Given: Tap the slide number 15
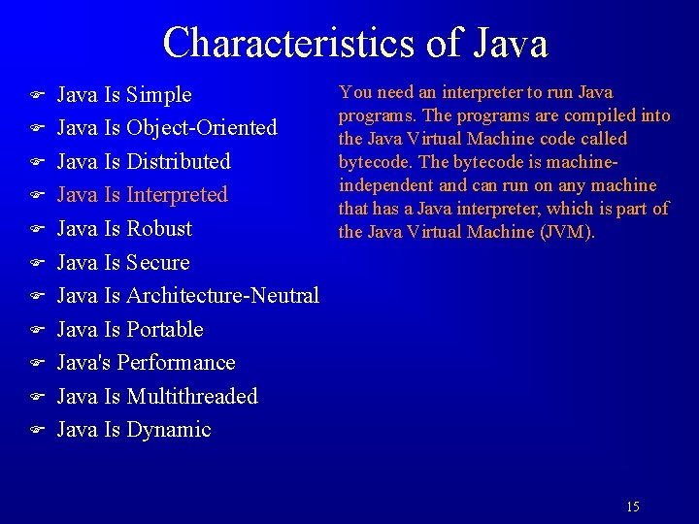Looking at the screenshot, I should [633, 507].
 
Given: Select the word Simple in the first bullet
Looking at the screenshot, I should [159, 95].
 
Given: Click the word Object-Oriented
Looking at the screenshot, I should [202, 128].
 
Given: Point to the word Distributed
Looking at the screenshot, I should [179, 161].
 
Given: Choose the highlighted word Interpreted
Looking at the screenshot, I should [177, 195].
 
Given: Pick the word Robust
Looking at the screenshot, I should [159, 229].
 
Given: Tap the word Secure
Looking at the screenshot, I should [158, 263].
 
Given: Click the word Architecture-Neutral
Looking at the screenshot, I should [222, 296].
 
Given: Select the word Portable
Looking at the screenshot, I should [165, 330].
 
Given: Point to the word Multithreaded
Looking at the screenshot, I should [192, 397].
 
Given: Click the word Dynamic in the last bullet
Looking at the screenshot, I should [169, 430].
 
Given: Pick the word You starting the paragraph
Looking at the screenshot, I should [351, 92].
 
